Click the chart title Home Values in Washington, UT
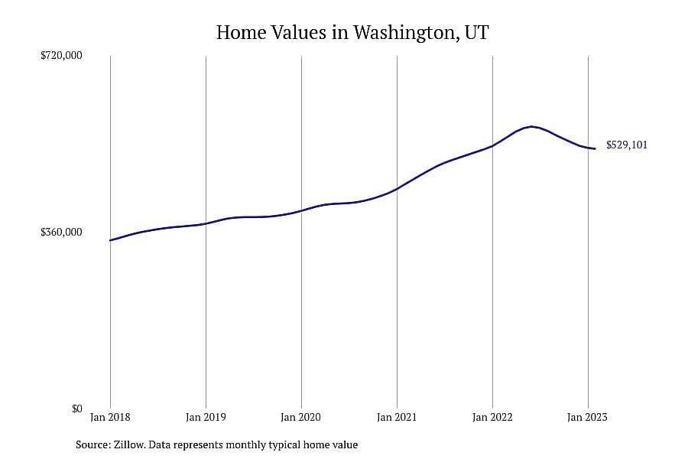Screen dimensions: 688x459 [x=352, y=33]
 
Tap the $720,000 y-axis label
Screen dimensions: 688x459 [x=61, y=55]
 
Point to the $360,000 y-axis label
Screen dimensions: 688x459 [x=61, y=232]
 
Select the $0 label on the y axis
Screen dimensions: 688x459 [x=76, y=409]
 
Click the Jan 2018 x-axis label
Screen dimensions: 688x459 [x=110, y=417]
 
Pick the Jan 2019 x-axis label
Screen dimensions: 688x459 [x=206, y=417]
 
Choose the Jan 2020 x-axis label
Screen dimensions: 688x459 [x=301, y=417]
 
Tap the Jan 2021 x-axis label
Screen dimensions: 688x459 [x=397, y=417]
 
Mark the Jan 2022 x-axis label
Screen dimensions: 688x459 [x=492, y=417]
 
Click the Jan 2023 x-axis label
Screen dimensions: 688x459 [x=588, y=417]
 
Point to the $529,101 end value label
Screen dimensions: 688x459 [x=627, y=145]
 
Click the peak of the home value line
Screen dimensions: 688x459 [x=532, y=126]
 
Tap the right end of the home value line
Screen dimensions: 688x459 [x=595, y=148]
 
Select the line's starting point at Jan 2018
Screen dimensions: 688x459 [x=110, y=240]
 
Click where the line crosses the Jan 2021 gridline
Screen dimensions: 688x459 [x=397, y=189]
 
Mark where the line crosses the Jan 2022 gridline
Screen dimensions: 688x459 [x=492, y=146]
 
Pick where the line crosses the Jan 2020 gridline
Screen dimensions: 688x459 [x=301, y=211]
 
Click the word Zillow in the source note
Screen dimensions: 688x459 [x=129, y=444]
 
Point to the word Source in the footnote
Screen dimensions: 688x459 [x=93, y=444]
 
